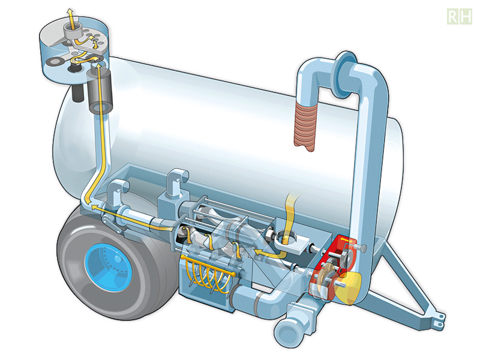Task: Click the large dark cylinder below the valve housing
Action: point(101,90)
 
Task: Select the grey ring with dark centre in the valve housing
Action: point(59,61)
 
